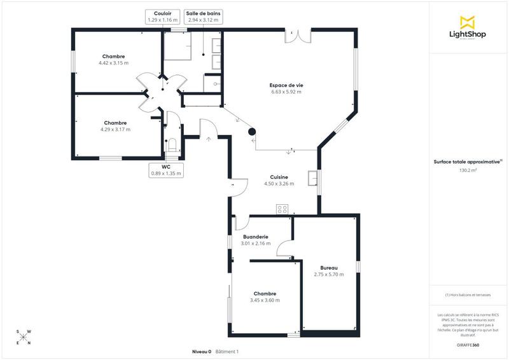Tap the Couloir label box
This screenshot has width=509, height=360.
click(x=161, y=17)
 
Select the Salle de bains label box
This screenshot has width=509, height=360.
click(x=204, y=17)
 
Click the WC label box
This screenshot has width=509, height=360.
click(x=165, y=169)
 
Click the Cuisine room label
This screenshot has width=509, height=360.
click(x=279, y=177)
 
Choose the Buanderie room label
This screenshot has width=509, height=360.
click(x=255, y=237)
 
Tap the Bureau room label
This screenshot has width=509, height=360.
click(x=328, y=268)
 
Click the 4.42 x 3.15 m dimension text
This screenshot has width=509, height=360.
click(x=113, y=63)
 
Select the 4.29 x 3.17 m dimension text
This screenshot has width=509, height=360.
click(x=115, y=129)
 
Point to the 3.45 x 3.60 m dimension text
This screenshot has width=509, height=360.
click(x=265, y=300)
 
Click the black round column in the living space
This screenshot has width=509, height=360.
click(x=252, y=132)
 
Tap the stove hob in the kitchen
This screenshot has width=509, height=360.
click(x=282, y=209)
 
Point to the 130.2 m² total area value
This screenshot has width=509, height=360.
click(x=469, y=170)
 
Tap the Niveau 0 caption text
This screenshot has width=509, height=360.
click(x=202, y=352)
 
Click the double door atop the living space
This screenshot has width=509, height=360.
click(x=297, y=34)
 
